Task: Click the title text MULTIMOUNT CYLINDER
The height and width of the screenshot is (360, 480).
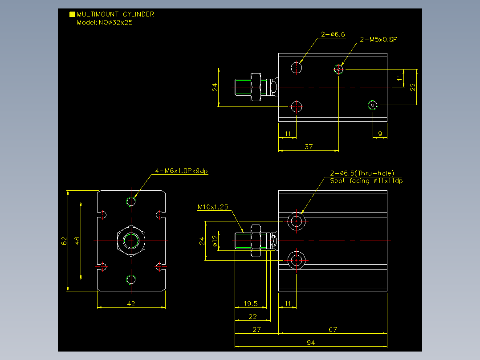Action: pyautogui.click(x=115, y=14)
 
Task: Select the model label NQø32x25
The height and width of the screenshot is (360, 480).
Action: pyautogui.click(x=116, y=22)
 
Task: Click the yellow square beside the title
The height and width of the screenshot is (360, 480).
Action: pyautogui.click(x=72, y=14)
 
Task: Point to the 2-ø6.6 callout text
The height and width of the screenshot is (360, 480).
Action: pyautogui.click(x=333, y=34)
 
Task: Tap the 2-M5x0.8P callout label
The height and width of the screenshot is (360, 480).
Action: pyautogui.click(x=378, y=40)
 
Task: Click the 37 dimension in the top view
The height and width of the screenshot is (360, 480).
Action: pyautogui.click(x=309, y=147)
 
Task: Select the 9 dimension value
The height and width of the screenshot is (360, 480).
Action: pyautogui.click(x=380, y=134)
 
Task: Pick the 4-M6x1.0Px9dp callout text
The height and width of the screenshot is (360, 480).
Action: pyautogui.click(x=181, y=171)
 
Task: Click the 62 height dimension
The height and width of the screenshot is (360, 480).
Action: pyautogui.click(x=64, y=241)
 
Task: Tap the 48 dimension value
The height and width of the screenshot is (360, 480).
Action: pyautogui.click(x=77, y=241)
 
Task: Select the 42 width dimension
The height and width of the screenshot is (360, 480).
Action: pyautogui.click(x=131, y=303)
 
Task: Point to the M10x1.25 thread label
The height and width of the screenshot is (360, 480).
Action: pyautogui.click(x=213, y=207)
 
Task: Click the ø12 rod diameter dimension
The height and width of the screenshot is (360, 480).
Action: pyautogui.click(x=215, y=241)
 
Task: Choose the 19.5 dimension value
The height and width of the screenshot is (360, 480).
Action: pyautogui.click(x=250, y=303)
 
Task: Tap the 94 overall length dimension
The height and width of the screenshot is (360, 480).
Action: pyautogui.click(x=311, y=343)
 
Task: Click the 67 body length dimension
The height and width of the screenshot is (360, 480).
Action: pyautogui.click(x=333, y=330)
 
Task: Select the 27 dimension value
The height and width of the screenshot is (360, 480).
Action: pyautogui.click(x=256, y=330)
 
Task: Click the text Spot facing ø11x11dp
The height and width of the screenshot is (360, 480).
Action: pyautogui.click(x=366, y=181)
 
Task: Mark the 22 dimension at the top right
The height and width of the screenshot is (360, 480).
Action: pyautogui.click(x=413, y=87)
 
